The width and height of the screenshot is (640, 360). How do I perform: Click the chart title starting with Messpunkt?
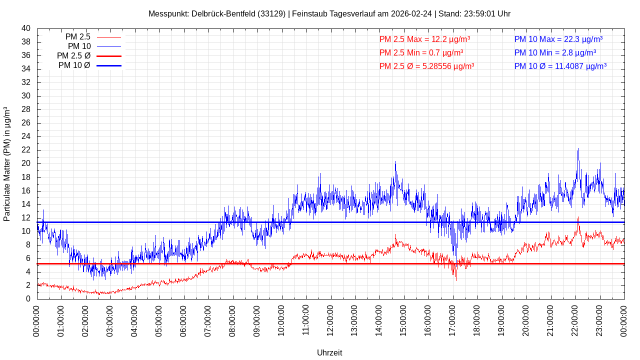pyautogui.click(x=329, y=14)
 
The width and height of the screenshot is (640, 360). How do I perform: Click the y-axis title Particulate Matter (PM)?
pyautogui.click(x=7, y=163)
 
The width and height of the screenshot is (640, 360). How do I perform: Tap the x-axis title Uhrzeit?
pyautogui.click(x=329, y=352)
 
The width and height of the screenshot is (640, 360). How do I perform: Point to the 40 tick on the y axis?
pyautogui.click(x=26, y=28)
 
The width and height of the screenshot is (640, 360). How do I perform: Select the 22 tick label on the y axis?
pyautogui.click(x=26, y=150)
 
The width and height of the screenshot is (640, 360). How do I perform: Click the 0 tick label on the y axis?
pyautogui.click(x=28, y=299)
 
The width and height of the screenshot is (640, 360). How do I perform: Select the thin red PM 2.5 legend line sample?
pyautogui.click(x=109, y=37)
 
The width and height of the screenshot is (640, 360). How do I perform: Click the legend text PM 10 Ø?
pyautogui.click(x=74, y=65)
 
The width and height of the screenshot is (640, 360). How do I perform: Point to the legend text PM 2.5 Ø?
pyautogui.click(x=73, y=56)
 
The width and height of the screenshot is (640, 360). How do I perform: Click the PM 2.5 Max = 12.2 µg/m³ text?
pyautogui.click(x=424, y=39)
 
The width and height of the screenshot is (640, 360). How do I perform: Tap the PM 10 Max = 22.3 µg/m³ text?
pyautogui.click(x=558, y=39)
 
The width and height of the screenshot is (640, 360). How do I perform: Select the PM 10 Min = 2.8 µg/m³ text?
pyautogui.click(x=555, y=52)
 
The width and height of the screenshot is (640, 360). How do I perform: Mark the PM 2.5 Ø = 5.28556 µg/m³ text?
pyautogui.click(x=426, y=66)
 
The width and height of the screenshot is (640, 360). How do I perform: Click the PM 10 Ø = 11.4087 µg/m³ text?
pyautogui.click(x=560, y=66)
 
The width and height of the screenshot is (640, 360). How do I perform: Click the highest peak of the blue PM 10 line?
pyautogui.click(x=578, y=148)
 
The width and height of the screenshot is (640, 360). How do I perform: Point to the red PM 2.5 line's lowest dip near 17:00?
pyautogui.click(x=455, y=280)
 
